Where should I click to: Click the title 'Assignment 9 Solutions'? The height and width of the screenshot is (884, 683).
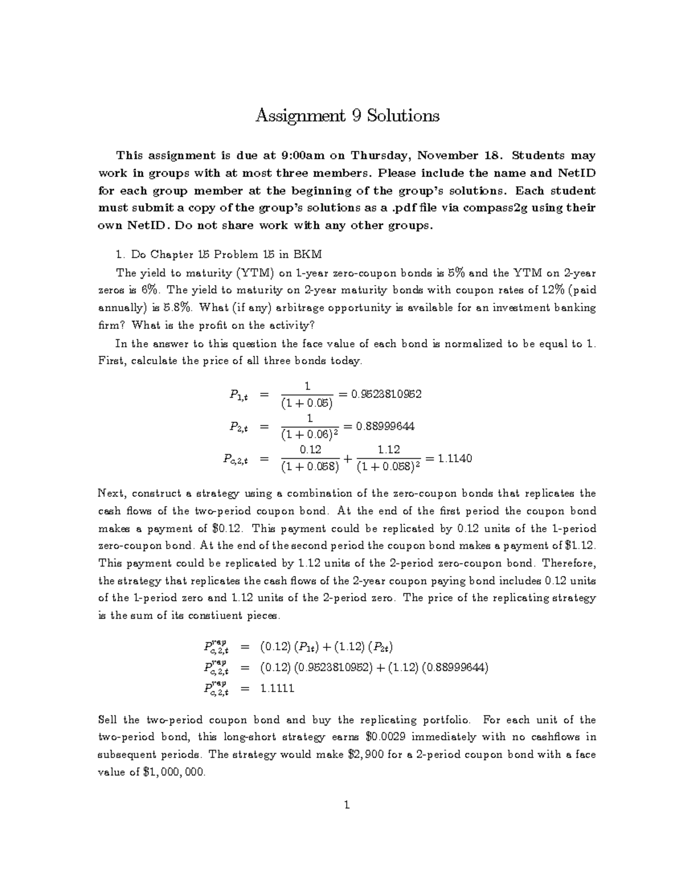click(347, 116)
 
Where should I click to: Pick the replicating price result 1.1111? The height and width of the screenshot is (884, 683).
click(277, 688)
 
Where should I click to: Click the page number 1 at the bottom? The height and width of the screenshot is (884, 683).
click(347, 805)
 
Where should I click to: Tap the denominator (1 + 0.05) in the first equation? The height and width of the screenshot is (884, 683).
click(307, 404)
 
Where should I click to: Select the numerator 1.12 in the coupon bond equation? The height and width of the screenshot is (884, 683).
click(389, 450)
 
